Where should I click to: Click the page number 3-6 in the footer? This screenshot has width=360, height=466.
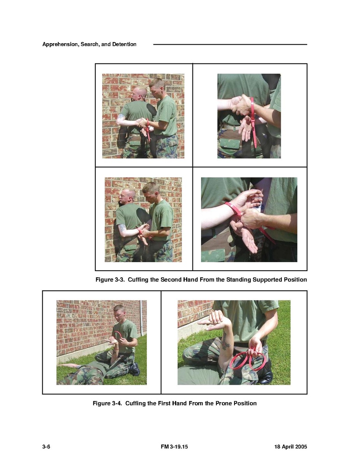coord(46,447)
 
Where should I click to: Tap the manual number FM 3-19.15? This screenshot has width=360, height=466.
coord(174,447)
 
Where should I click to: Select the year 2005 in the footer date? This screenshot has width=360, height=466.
coord(301,447)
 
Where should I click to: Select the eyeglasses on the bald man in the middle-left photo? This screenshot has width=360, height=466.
coord(124,196)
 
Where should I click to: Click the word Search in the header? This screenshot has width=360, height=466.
coord(90,44)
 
